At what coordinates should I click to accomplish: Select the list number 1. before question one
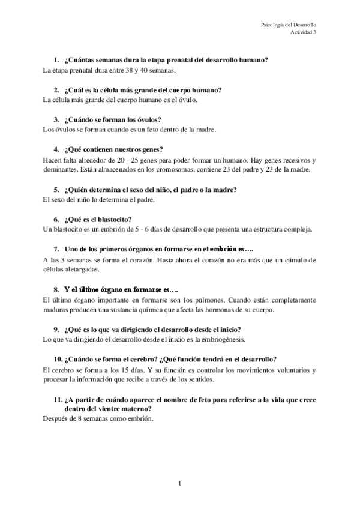(56, 60)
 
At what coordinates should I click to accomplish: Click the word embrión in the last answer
(139, 419)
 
